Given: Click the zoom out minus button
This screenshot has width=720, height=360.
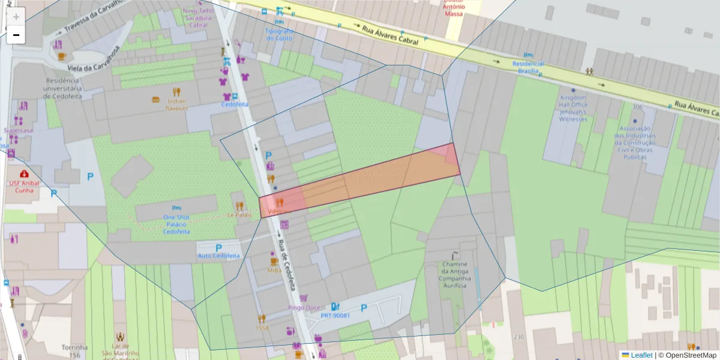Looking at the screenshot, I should coord(16,35).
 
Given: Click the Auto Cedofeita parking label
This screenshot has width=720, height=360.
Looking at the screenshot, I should coord(218,256).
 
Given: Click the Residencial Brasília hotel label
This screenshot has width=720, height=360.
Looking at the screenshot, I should coord(527,67).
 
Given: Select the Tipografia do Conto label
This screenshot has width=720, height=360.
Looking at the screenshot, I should coord(280,34).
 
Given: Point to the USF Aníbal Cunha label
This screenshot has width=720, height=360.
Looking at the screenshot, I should coord(24,187).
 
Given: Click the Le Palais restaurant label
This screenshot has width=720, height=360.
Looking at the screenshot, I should coord(239,214).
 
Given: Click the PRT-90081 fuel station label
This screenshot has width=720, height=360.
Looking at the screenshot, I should coord(335,315).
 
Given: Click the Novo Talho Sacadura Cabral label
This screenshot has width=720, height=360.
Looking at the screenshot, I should coord(198,18).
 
